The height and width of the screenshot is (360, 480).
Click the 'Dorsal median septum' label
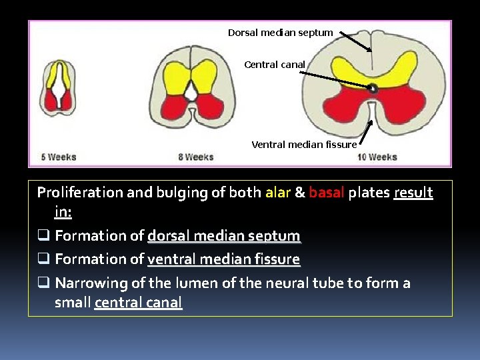280,33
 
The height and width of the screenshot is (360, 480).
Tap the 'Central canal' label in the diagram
275,65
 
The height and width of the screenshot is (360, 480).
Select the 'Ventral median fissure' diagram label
304,144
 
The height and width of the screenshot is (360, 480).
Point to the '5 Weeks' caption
59,157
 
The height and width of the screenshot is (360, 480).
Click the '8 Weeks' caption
195,157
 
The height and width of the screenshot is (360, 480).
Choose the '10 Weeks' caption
377,157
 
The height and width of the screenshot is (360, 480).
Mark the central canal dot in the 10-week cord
373,88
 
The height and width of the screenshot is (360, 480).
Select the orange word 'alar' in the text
278,193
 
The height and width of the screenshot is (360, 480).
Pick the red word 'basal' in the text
327,193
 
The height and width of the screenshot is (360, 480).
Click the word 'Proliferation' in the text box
79,193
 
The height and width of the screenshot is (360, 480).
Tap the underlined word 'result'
413,193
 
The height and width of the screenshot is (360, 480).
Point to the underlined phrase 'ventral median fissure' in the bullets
223,259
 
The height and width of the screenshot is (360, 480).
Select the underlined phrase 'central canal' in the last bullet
138,302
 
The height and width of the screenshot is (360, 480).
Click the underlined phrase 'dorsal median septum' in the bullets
223,236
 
